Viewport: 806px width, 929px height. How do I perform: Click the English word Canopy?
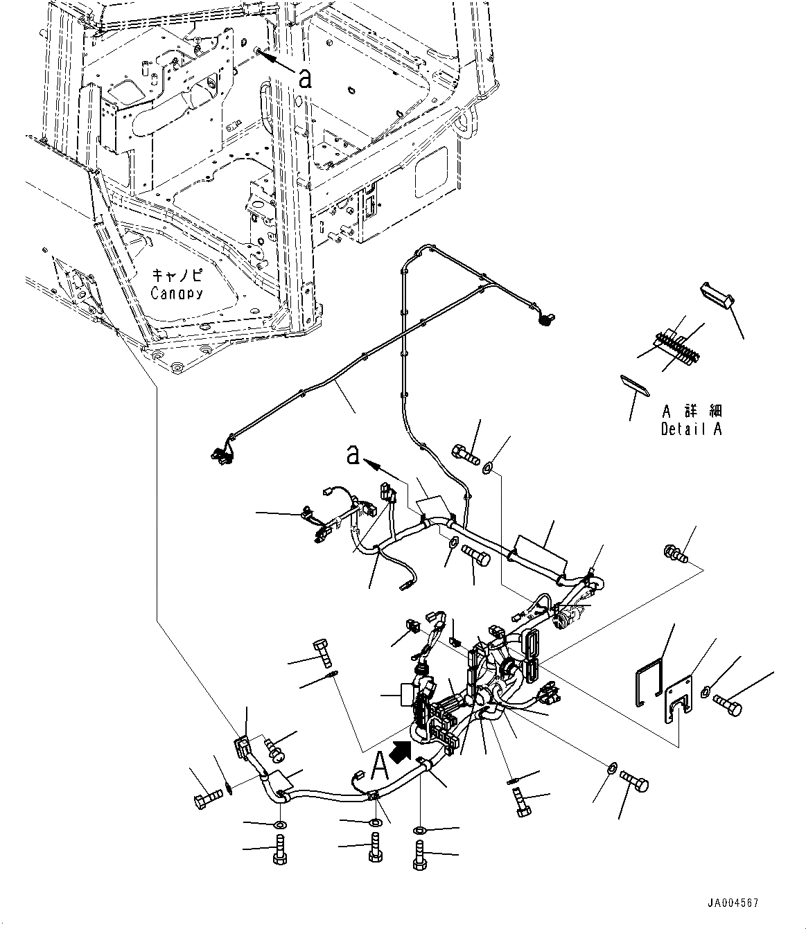[177, 292]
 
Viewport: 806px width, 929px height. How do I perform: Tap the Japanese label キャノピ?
[177, 274]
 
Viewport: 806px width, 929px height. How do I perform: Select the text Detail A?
[691, 429]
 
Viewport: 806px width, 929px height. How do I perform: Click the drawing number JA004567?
[733, 903]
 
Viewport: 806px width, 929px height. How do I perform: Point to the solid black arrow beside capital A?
[401, 750]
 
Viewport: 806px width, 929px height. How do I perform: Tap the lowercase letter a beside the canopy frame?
[304, 78]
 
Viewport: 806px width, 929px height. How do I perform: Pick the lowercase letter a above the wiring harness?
[353, 455]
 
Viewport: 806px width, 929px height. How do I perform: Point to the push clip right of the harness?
[674, 554]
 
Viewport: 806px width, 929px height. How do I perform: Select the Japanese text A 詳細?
[691, 410]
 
